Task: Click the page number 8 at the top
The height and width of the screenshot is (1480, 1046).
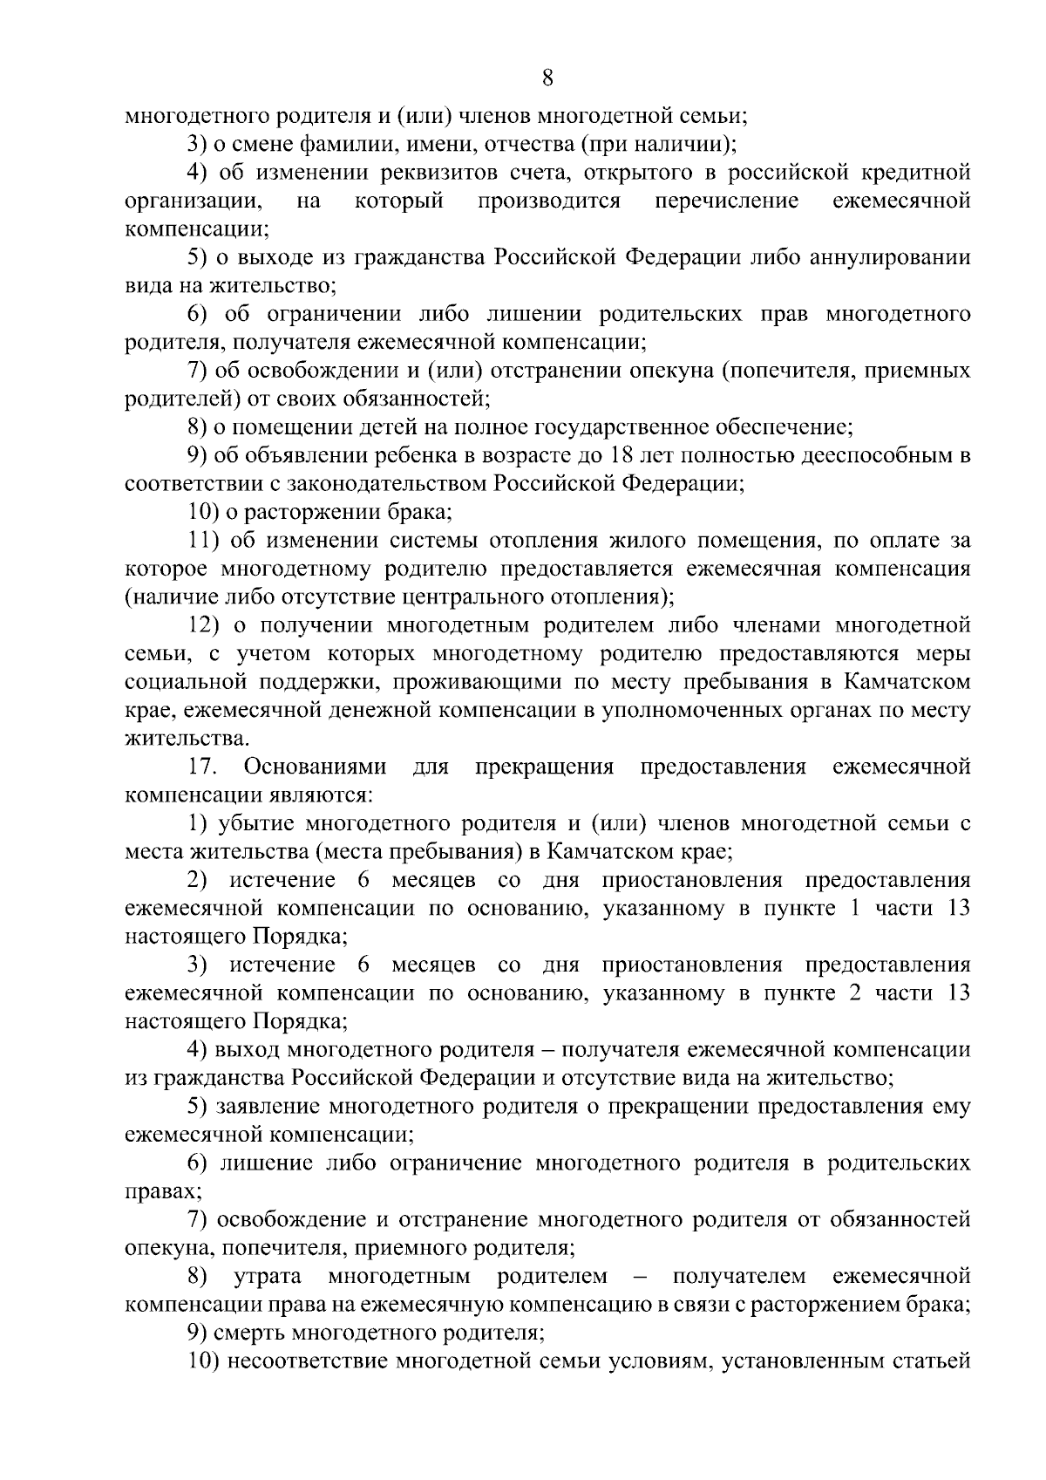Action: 547,78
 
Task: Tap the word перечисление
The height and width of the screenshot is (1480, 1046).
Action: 727,201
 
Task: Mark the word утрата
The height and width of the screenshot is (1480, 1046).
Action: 268,1277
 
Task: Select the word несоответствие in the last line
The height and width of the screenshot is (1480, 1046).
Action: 306,1361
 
